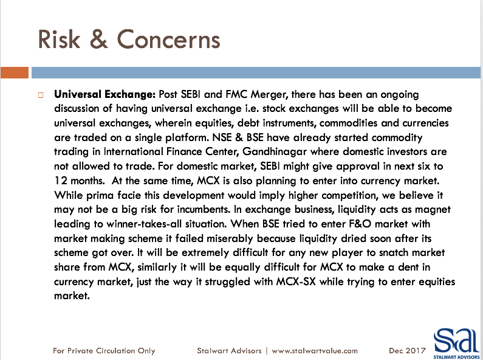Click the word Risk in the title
click(59, 39)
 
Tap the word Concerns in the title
click(168, 39)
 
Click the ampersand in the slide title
click(98, 39)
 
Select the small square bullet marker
click(41, 95)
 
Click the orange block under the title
click(15, 73)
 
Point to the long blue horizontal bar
click(256, 73)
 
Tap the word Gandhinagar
click(275, 152)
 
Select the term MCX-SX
click(296, 282)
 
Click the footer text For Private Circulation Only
click(104, 351)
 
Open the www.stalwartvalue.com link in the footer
click(315, 351)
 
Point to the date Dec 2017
click(407, 351)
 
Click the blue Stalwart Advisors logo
click(456, 344)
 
